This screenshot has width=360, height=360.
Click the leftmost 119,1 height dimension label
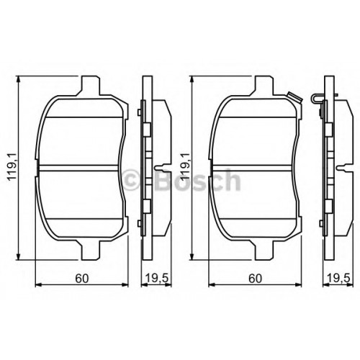(x=12, y=166)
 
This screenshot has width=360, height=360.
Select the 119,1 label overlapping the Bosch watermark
(x=185, y=166)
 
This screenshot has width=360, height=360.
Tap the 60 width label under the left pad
(x=82, y=279)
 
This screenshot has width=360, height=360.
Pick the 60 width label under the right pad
(x=255, y=279)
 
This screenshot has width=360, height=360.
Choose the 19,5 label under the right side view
(x=339, y=279)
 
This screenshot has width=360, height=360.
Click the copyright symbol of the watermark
(x=132, y=181)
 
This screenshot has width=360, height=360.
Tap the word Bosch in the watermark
(x=197, y=179)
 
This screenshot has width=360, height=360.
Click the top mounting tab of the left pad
(x=90, y=86)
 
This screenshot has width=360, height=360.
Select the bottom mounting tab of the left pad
(x=90, y=250)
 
